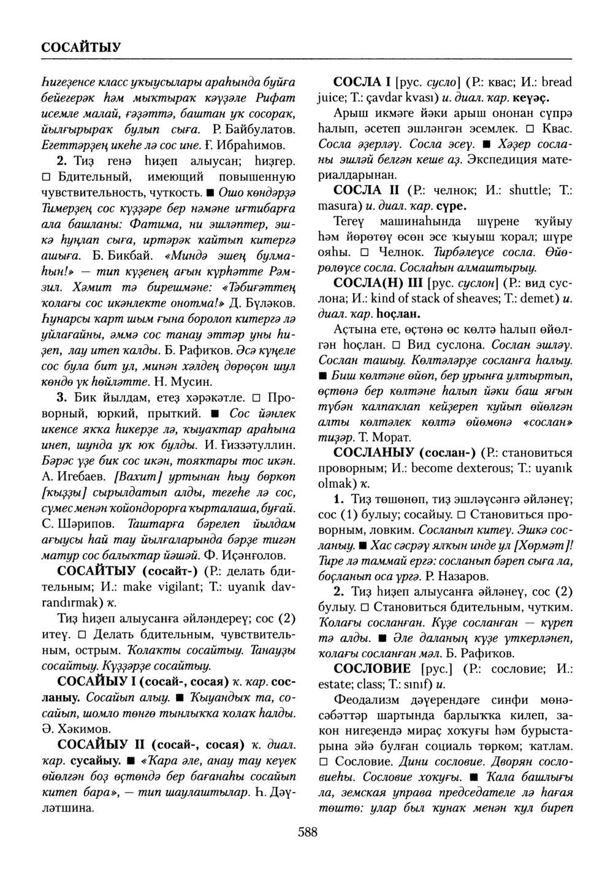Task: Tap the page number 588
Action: (306, 831)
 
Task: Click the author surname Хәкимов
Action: (82, 729)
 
